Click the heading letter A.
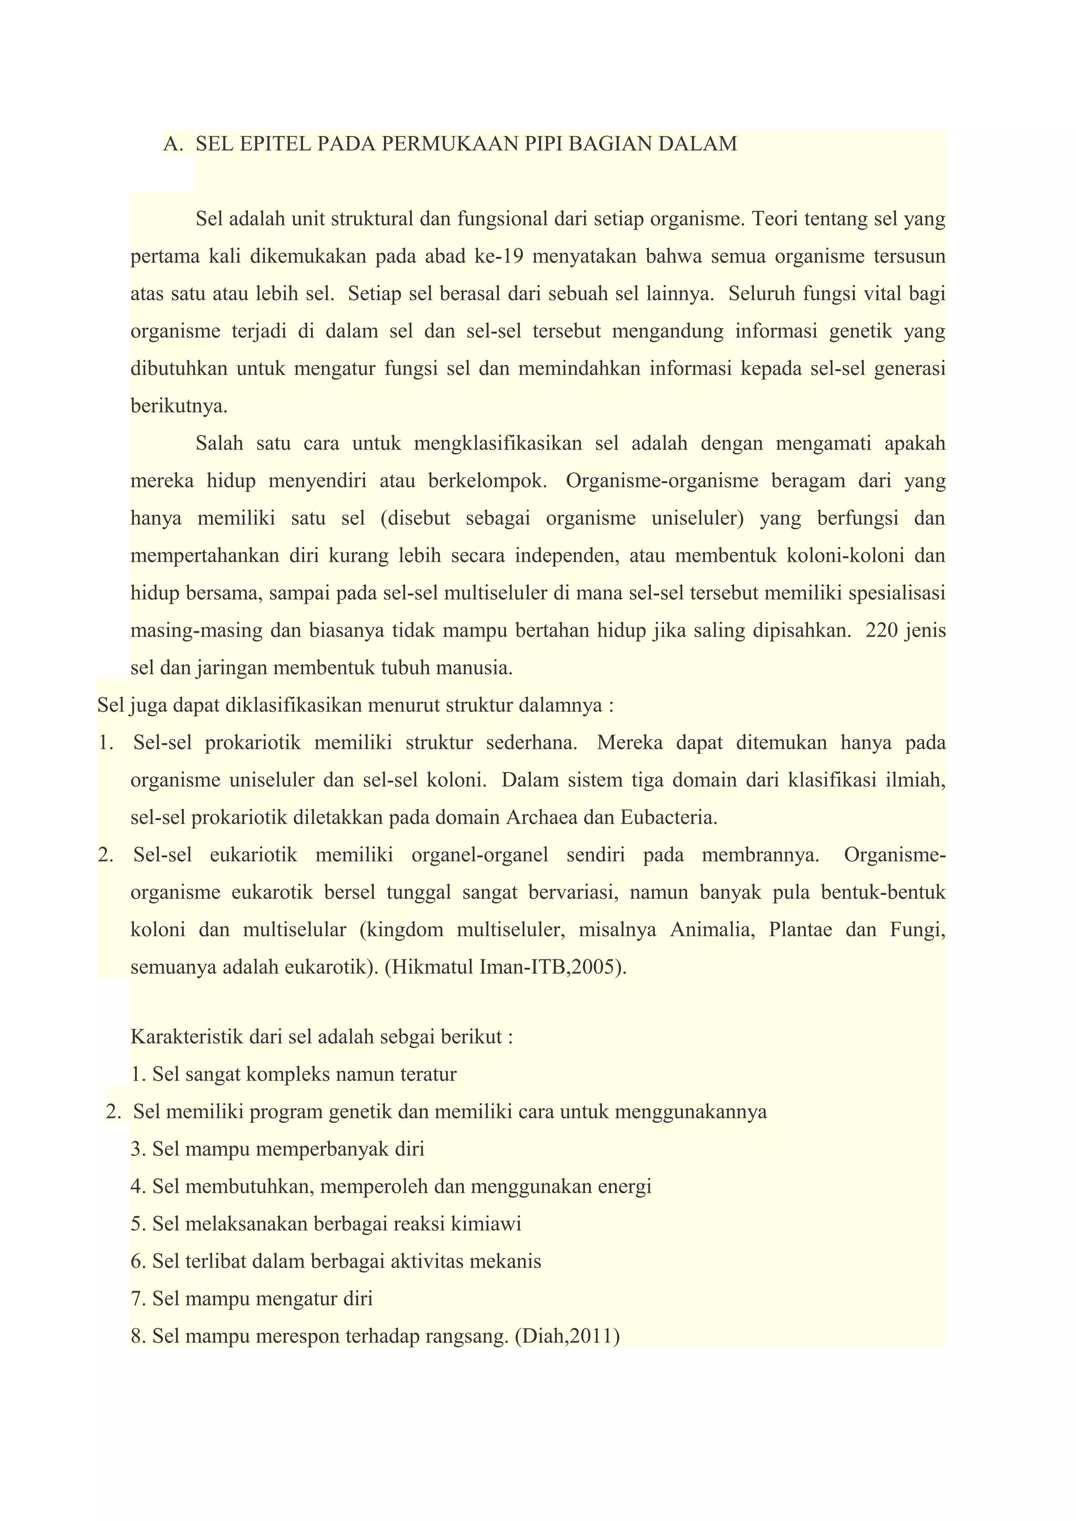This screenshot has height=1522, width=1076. tap(172, 144)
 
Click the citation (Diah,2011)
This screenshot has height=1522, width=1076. tap(566, 1337)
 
